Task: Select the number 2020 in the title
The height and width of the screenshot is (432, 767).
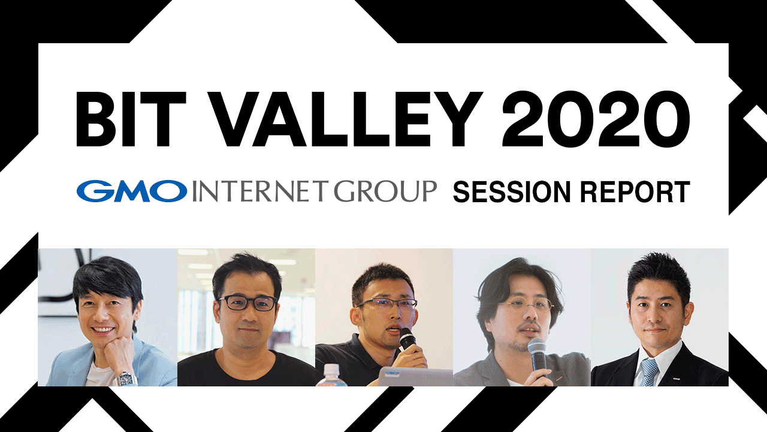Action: pos(596,119)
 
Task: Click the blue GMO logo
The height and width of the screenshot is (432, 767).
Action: pos(132,191)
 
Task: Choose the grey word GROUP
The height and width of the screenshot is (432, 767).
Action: pos(385,191)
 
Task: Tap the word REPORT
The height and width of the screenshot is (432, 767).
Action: pos(635,193)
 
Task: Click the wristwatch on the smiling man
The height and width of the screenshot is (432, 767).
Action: pos(126,379)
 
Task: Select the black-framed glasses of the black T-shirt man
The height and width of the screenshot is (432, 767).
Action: pos(247,303)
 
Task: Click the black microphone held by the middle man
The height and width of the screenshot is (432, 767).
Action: pos(408,339)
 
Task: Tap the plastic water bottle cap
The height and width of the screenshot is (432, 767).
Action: pos(331,369)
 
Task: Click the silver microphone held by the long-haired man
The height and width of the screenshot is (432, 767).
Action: pos(538,356)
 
